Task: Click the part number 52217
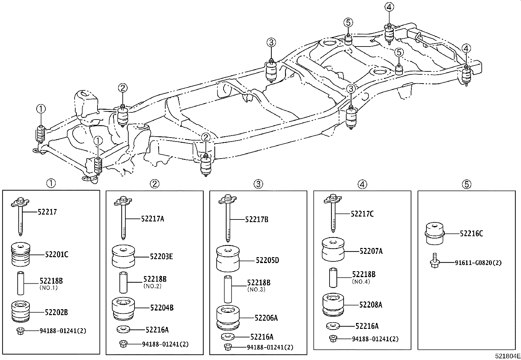(x=47, y=212)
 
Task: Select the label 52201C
(x=56, y=254)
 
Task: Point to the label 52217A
(x=153, y=219)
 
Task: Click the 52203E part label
(x=161, y=256)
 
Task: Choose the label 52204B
(x=162, y=308)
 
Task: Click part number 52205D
(x=267, y=260)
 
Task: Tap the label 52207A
(x=371, y=251)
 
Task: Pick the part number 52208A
(x=370, y=305)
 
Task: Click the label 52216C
(x=471, y=234)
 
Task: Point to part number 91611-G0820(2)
(x=478, y=262)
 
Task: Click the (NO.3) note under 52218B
(x=256, y=290)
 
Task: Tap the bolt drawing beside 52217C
(x=333, y=213)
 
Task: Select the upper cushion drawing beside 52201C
(x=21, y=254)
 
